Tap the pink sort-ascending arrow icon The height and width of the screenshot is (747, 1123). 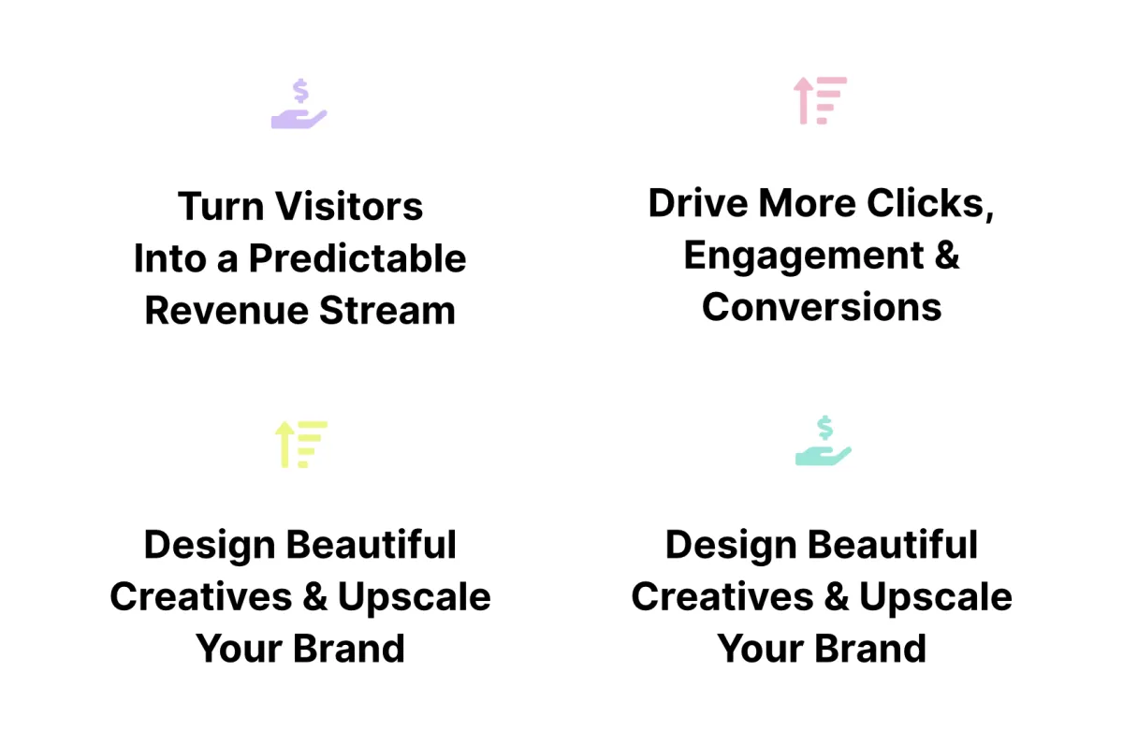(820, 100)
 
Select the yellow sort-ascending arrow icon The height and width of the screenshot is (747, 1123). (300, 445)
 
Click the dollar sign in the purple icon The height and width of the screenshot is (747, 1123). (300, 90)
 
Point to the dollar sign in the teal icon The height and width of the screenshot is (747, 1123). (824, 428)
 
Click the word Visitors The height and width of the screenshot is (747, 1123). (349, 206)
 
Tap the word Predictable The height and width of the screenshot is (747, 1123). (357, 258)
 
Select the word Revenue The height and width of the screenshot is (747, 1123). (226, 311)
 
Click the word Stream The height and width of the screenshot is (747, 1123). (387, 311)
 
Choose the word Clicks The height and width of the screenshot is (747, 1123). (930, 204)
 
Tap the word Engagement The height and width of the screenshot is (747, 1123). (804, 256)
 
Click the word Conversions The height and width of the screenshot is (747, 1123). (822, 307)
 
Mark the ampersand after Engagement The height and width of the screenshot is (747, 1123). (947, 256)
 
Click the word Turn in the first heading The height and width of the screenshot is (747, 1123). (221, 206)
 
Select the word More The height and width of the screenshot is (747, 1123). (807, 203)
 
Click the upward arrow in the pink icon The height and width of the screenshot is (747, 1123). (803, 100)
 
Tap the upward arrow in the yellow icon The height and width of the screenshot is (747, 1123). (284, 445)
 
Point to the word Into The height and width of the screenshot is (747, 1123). (170, 258)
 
